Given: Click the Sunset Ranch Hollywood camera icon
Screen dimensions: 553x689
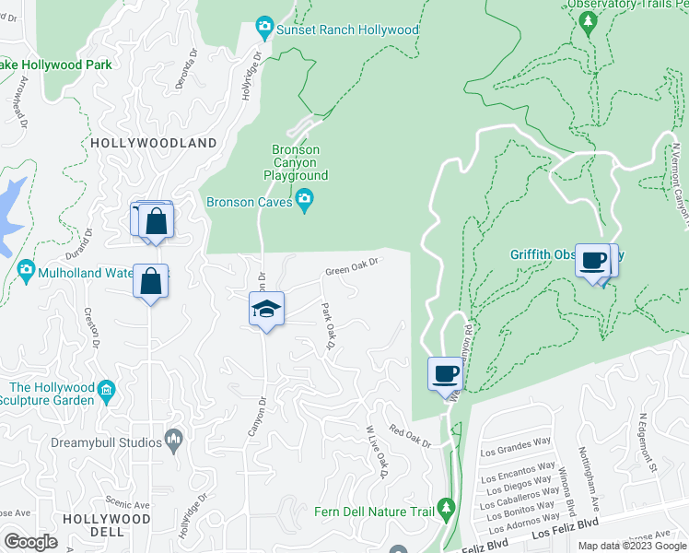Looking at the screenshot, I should (x=265, y=29).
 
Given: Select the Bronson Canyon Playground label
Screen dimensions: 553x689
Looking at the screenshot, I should (x=296, y=162).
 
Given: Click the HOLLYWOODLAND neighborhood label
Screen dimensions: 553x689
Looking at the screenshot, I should (x=154, y=144).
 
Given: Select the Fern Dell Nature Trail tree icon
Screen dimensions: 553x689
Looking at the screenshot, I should (x=446, y=508).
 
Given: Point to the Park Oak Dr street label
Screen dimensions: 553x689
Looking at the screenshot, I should (x=325, y=326).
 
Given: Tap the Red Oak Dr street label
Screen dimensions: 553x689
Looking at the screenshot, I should (x=410, y=437).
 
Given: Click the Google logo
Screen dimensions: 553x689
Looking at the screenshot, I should (x=30, y=542).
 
